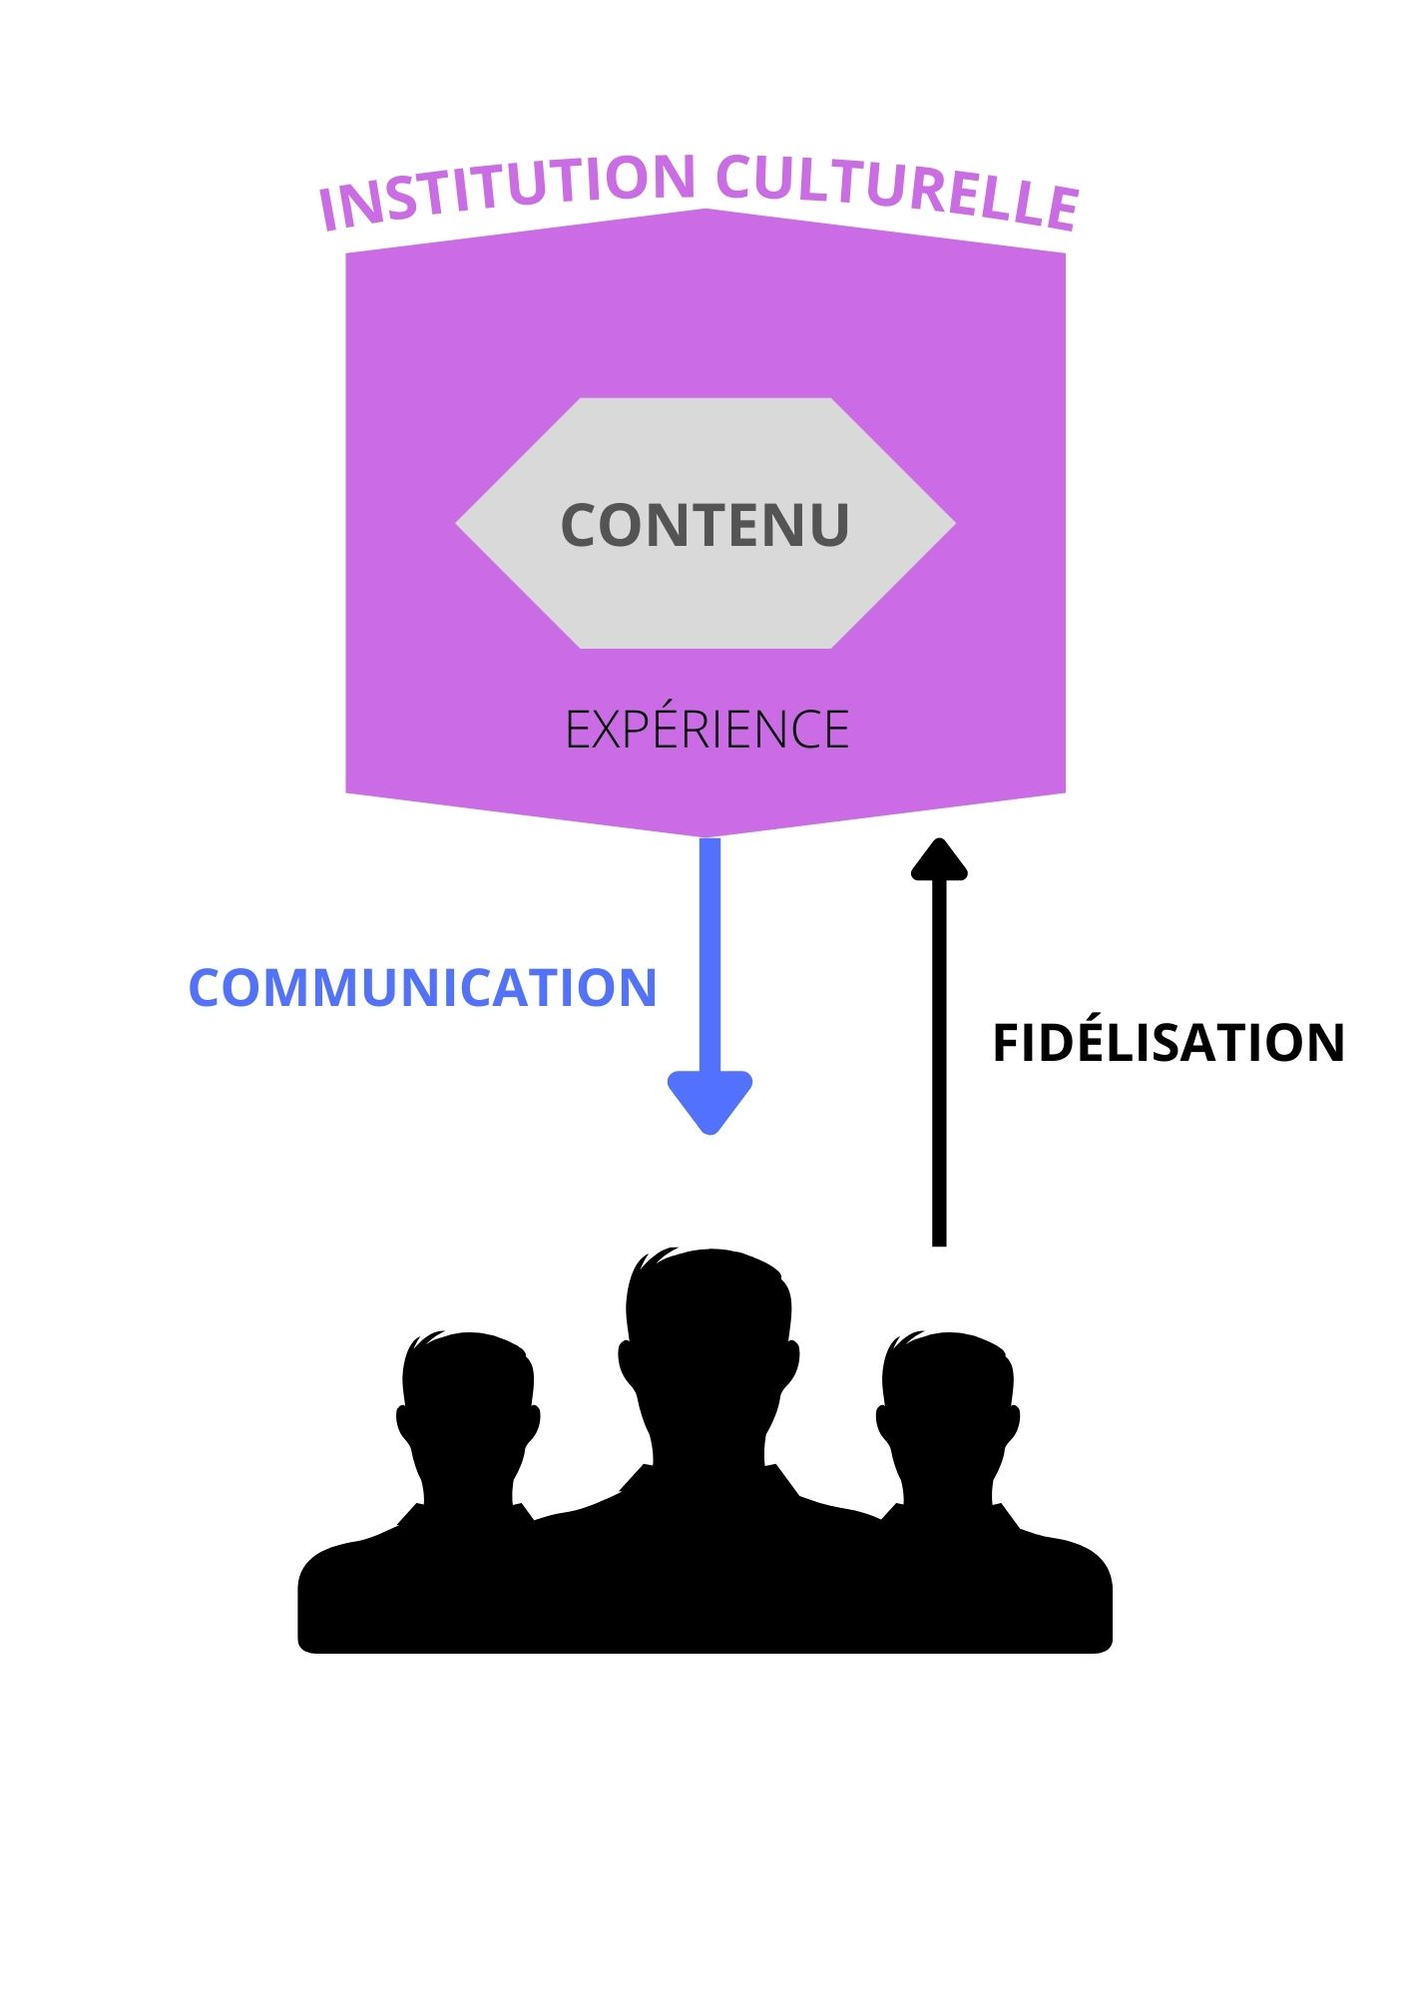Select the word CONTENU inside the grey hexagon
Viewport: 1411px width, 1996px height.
[705, 525]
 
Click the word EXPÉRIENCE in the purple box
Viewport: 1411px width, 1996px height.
[706, 730]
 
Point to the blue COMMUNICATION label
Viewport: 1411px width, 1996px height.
[422, 988]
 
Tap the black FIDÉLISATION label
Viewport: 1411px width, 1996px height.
[1169, 1043]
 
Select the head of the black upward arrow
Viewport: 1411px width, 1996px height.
[939, 860]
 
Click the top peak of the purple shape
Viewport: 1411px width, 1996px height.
[705, 213]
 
